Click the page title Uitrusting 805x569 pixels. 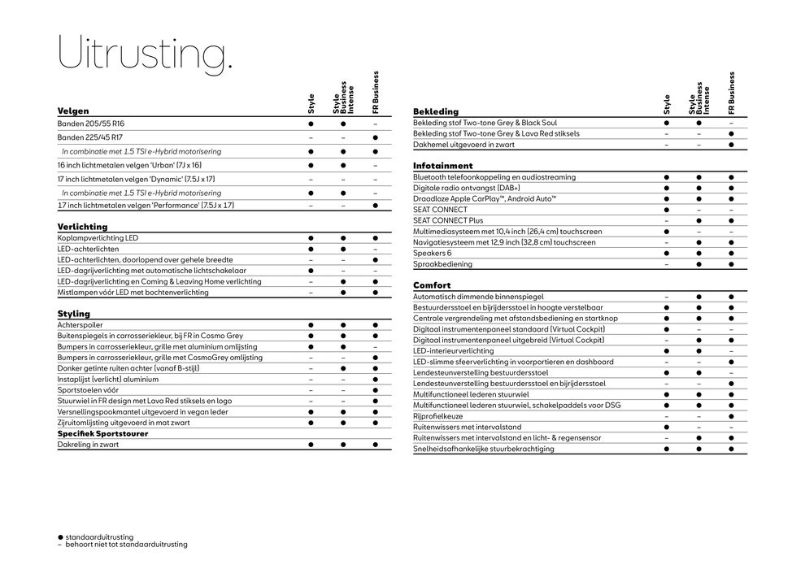click(145, 54)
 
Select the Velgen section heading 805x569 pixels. click(73, 111)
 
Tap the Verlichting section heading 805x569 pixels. click(82, 227)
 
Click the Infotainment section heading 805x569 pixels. click(442, 166)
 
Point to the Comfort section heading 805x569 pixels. click(432, 285)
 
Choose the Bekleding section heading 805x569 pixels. click(436, 111)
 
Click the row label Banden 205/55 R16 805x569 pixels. click(91, 123)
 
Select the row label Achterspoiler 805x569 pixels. click(80, 324)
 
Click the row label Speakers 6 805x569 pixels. click(432, 253)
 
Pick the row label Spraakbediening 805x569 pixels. click(442, 264)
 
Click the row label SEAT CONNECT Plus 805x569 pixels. click(448, 220)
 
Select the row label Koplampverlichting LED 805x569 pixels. click(98, 237)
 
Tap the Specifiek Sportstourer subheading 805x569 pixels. click(102, 433)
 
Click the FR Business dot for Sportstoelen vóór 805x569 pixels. click(375, 389)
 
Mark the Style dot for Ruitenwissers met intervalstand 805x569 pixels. click(666, 427)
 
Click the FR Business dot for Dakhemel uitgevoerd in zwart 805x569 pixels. click(731, 145)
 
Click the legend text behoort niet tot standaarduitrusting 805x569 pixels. click(126, 544)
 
